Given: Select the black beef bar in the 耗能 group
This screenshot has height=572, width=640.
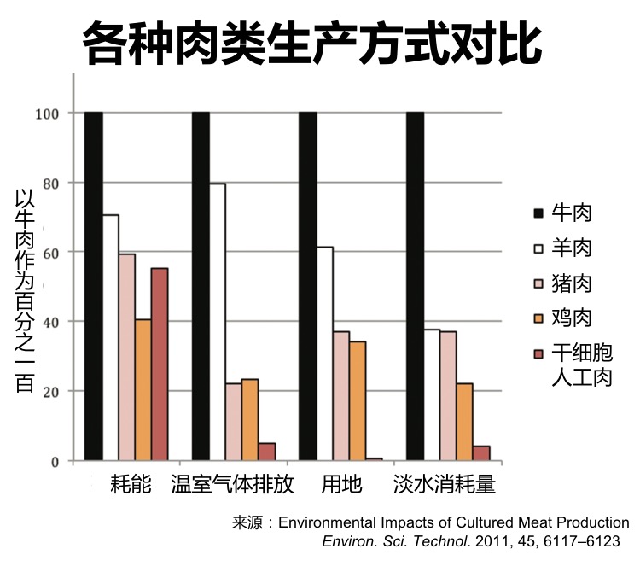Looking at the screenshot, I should pyautogui.click(x=94, y=286).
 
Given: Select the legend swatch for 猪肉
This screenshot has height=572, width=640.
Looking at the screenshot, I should pyautogui.click(x=538, y=283).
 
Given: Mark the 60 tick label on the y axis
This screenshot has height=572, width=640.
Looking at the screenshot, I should pyautogui.click(x=54, y=253).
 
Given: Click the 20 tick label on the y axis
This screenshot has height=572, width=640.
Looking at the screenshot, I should pyautogui.click(x=54, y=392).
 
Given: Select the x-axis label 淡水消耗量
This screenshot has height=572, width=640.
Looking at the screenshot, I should pyautogui.click(x=444, y=485).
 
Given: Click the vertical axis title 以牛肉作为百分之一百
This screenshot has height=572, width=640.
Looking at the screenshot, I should pyautogui.click(x=23, y=290).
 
